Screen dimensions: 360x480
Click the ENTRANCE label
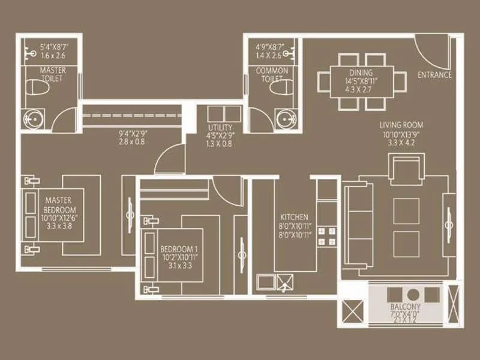[x=434, y=75]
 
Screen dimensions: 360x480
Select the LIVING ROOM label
[x=401, y=125]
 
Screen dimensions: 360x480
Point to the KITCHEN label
[x=295, y=217]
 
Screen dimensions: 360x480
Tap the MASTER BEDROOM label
[x=60, y=205]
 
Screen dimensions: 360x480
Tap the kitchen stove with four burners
[x=326, y=236]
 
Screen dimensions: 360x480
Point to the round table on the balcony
[x=413, y=295]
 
